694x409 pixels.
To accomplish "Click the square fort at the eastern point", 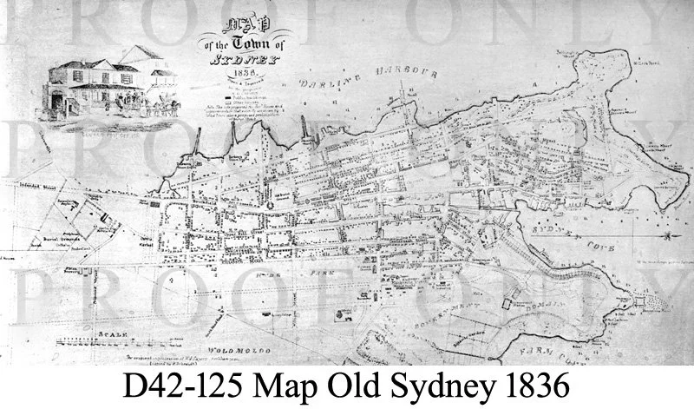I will coord(642,300).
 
